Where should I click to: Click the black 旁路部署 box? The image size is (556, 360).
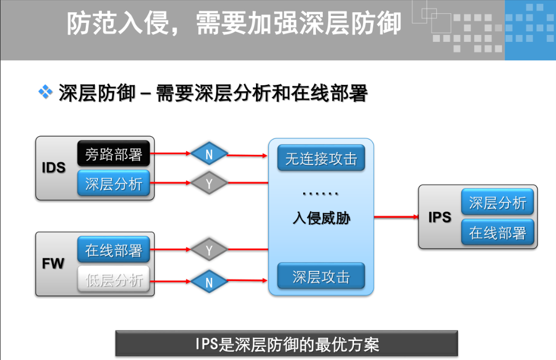[x=113, y=154]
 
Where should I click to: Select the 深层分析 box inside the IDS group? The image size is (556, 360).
[x=113, y=183]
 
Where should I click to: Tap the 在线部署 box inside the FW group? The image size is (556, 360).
[x=113, y=250]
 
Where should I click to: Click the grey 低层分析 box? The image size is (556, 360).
[x=113, y=279]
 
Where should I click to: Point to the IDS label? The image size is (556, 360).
[x=54, y=168]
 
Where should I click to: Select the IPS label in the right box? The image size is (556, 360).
[x=439, y=217]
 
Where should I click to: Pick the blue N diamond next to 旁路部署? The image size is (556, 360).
[x=209, y=154]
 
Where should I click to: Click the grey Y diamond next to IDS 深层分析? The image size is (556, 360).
[x=209, y=183]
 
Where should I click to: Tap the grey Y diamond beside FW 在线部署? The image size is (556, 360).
[x=209, y=250]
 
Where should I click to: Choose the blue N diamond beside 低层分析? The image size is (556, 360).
[x=209, y=282]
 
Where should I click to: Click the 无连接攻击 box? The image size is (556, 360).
[x=321, y=159]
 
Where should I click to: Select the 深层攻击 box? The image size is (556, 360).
[x=321, y=276]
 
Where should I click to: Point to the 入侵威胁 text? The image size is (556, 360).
[x=321, y=217]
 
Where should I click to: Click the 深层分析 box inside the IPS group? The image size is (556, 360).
[x=497, y=203]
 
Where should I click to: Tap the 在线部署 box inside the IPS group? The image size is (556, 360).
[x=497, y=232]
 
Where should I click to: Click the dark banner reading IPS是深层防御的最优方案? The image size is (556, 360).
[x=286, y=344]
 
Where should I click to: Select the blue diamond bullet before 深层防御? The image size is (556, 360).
[x=45, y=93]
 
